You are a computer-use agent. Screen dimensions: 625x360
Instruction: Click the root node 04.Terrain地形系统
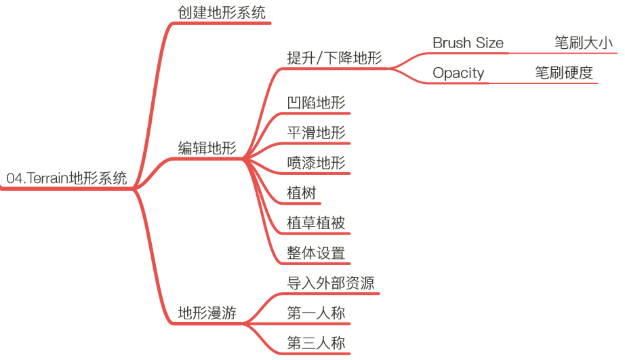pyautogui.click(x=66, y=179)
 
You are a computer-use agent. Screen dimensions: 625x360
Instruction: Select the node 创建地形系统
pyautogui.click(x=222, y=13)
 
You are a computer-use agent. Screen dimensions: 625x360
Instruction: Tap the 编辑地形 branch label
pyautogui.click(x=207, y=148)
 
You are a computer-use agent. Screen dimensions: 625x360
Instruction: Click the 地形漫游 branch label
pyautogui.click(x=207, y=313)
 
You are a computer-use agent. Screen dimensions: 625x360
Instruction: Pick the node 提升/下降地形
pyautogui.click(x=334, y=58)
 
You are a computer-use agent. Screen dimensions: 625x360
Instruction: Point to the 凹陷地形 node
pyautogui.click(x=316, y=103)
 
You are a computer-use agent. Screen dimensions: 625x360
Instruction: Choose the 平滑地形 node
pyautogui.click(x=316, y=133)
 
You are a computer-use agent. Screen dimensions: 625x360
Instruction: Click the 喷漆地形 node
pyautogui.click(x=316, y=163)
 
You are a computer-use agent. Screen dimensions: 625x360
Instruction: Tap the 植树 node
pyautogui.click(x=301, y=193)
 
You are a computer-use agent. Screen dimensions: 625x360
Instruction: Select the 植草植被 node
pyautogui.click(x=316, y=223)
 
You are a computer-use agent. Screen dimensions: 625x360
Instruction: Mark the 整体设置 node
pyautogui.click(x=316, y=254)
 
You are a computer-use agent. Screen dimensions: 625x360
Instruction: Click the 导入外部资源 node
pyautogui.click(x=330, y=283)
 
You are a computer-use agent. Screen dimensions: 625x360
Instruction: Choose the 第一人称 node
pyautogui.click(x=316, y=313)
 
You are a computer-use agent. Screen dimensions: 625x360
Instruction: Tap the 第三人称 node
pyautogui.click(x=316, y=343)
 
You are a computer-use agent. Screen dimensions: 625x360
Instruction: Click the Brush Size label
pyautogui.click(x=468, y=43)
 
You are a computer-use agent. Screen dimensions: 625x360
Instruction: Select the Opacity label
pyautogui.click(x=458, y=73)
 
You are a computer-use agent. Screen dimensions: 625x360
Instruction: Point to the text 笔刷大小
pyautogui.click(x=584, y=43)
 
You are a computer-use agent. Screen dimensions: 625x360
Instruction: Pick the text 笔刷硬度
pyautogui.click(x=564, y=73)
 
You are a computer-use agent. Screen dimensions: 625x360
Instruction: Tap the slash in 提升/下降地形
pyautogui.click(x=321, y=58)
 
